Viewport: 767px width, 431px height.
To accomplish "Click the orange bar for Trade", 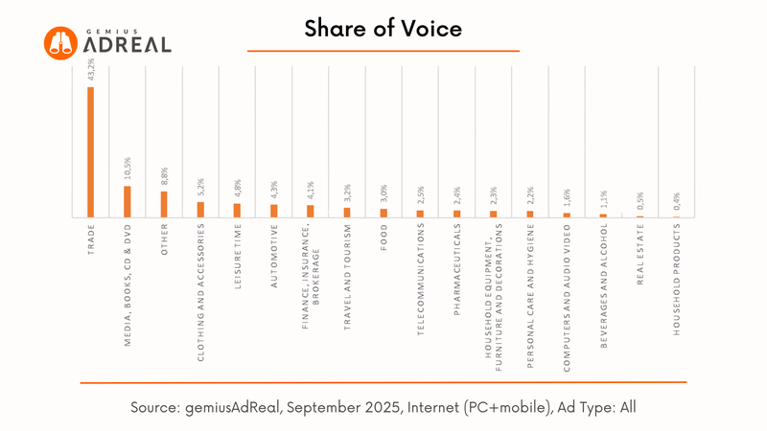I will pos(91,152).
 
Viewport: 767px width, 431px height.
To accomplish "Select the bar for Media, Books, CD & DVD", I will pos(128,202).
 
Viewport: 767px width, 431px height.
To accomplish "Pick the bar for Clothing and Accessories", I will pos(200,210).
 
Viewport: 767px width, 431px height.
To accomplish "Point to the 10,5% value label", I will pos(128,170).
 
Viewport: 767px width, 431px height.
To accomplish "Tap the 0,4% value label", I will pos(677,202).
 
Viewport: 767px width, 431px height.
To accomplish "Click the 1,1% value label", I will pos(603,199).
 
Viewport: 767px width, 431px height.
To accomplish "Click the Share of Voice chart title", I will pos(383,29).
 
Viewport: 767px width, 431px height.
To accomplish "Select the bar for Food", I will pos(383,213).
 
